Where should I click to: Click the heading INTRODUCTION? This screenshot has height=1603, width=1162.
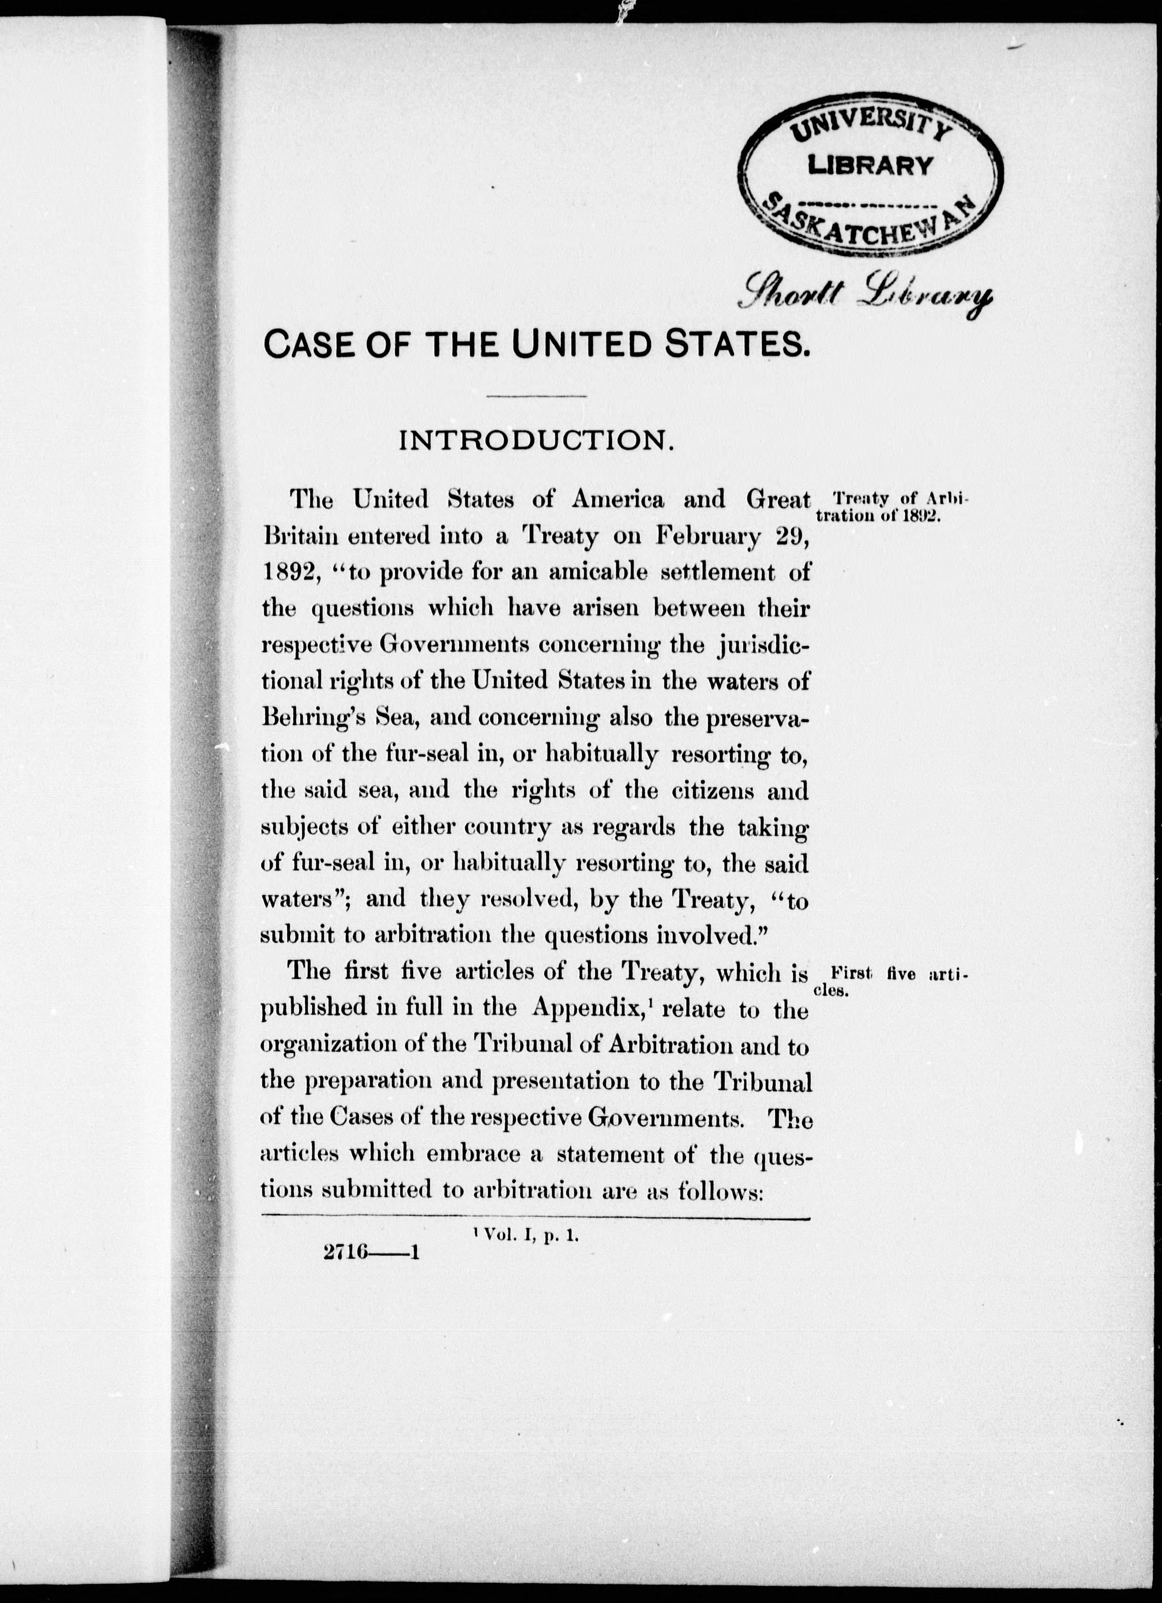click(x=535, y=441)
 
